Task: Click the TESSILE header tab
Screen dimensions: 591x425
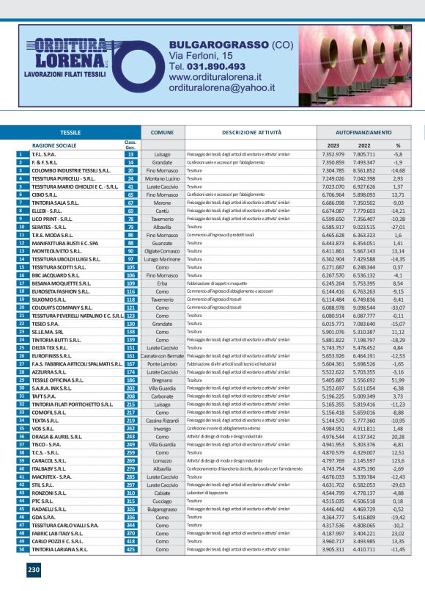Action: click(70, 133)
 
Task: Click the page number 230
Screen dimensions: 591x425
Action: click(34, 569)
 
